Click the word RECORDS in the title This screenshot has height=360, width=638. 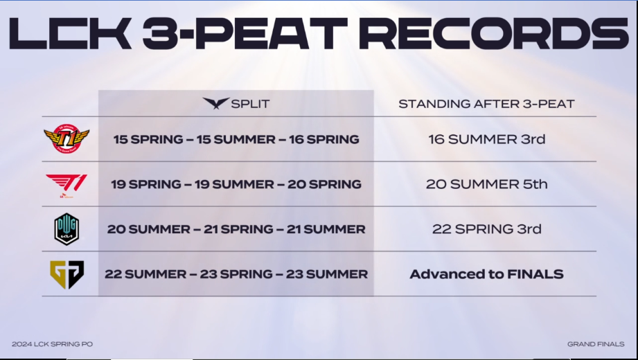pos(494,33)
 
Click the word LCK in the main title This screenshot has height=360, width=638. pos(70,33)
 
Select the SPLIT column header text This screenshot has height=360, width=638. pos(250,104)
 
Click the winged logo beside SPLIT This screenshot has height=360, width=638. pos(216,103)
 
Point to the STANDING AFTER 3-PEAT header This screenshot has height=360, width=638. pos(486,104)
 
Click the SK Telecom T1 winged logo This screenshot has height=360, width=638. pos(67,138)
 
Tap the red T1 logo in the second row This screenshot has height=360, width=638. pos(67,186)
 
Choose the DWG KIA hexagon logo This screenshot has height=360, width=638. pos(67,229)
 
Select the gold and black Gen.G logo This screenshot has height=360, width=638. pos(67,275)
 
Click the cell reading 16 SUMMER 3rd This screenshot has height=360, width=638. pos(486,139)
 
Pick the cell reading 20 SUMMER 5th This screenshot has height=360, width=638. pos(486,184)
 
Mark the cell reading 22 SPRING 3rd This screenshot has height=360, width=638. pos(486,229)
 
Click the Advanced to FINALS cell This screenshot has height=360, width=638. pos(486,274)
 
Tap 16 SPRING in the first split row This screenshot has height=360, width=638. pos(324,140)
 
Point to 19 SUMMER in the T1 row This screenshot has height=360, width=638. pos(234,184)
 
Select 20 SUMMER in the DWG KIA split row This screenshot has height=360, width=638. pos(148,229)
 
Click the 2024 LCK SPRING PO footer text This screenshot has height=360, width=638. pos(53,344)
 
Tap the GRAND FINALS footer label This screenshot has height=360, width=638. pos(596,344)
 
